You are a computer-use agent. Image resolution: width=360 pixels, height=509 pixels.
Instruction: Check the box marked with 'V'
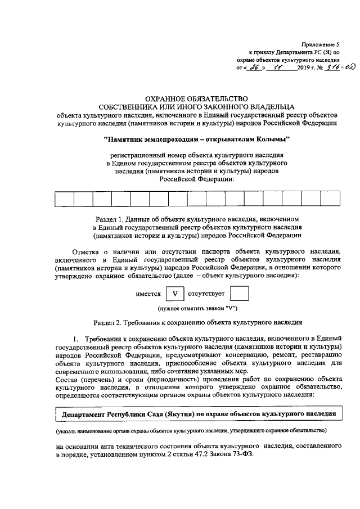coord(175,294)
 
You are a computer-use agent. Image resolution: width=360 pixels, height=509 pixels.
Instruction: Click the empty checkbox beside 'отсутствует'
coord(240,294)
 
